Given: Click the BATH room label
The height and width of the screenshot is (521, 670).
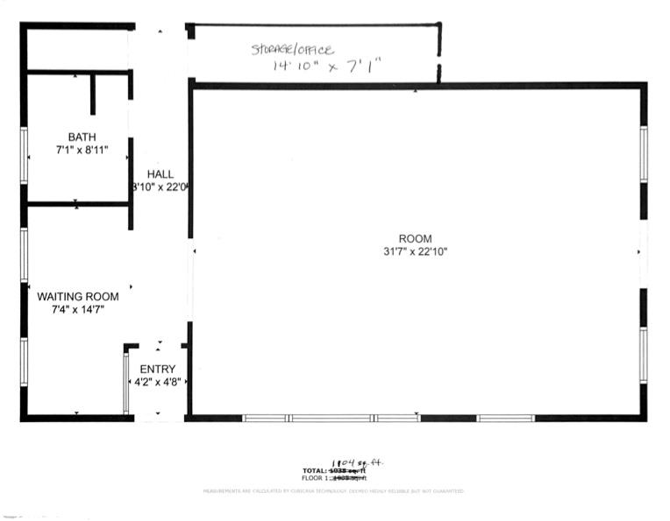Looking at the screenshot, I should coord(82,137).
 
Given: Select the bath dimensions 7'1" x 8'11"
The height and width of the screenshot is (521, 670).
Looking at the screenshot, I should coord(82,151).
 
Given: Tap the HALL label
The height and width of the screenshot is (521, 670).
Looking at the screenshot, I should coord(160,174).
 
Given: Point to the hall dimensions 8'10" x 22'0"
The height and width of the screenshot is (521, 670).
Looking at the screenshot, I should coord(160,187).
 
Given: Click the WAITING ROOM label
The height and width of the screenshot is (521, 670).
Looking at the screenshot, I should coord(77,297).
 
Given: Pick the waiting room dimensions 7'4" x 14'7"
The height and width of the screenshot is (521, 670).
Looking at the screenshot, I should coord(77,310).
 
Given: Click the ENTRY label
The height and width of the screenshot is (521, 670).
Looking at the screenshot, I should coord(157,370).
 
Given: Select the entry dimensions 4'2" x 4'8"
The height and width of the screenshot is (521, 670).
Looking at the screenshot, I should coord(157,383).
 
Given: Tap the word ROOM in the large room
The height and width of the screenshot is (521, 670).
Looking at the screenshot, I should coord(415,239).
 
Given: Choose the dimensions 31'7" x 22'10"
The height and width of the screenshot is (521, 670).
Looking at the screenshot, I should coord(415,252).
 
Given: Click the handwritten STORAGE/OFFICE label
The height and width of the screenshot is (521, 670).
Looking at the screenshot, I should coord(293,50).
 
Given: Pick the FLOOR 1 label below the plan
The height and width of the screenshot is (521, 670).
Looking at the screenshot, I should coord(316,478).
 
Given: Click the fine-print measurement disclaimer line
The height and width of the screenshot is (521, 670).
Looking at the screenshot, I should coord(333,491).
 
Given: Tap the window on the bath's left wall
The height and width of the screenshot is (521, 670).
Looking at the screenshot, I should coord(24,155).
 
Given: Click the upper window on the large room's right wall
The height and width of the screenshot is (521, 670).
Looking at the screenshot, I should coord(643,154).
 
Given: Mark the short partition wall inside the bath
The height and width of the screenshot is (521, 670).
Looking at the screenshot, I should coord(92,95).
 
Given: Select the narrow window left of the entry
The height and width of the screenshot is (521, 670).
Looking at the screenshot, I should coord(125,382).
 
